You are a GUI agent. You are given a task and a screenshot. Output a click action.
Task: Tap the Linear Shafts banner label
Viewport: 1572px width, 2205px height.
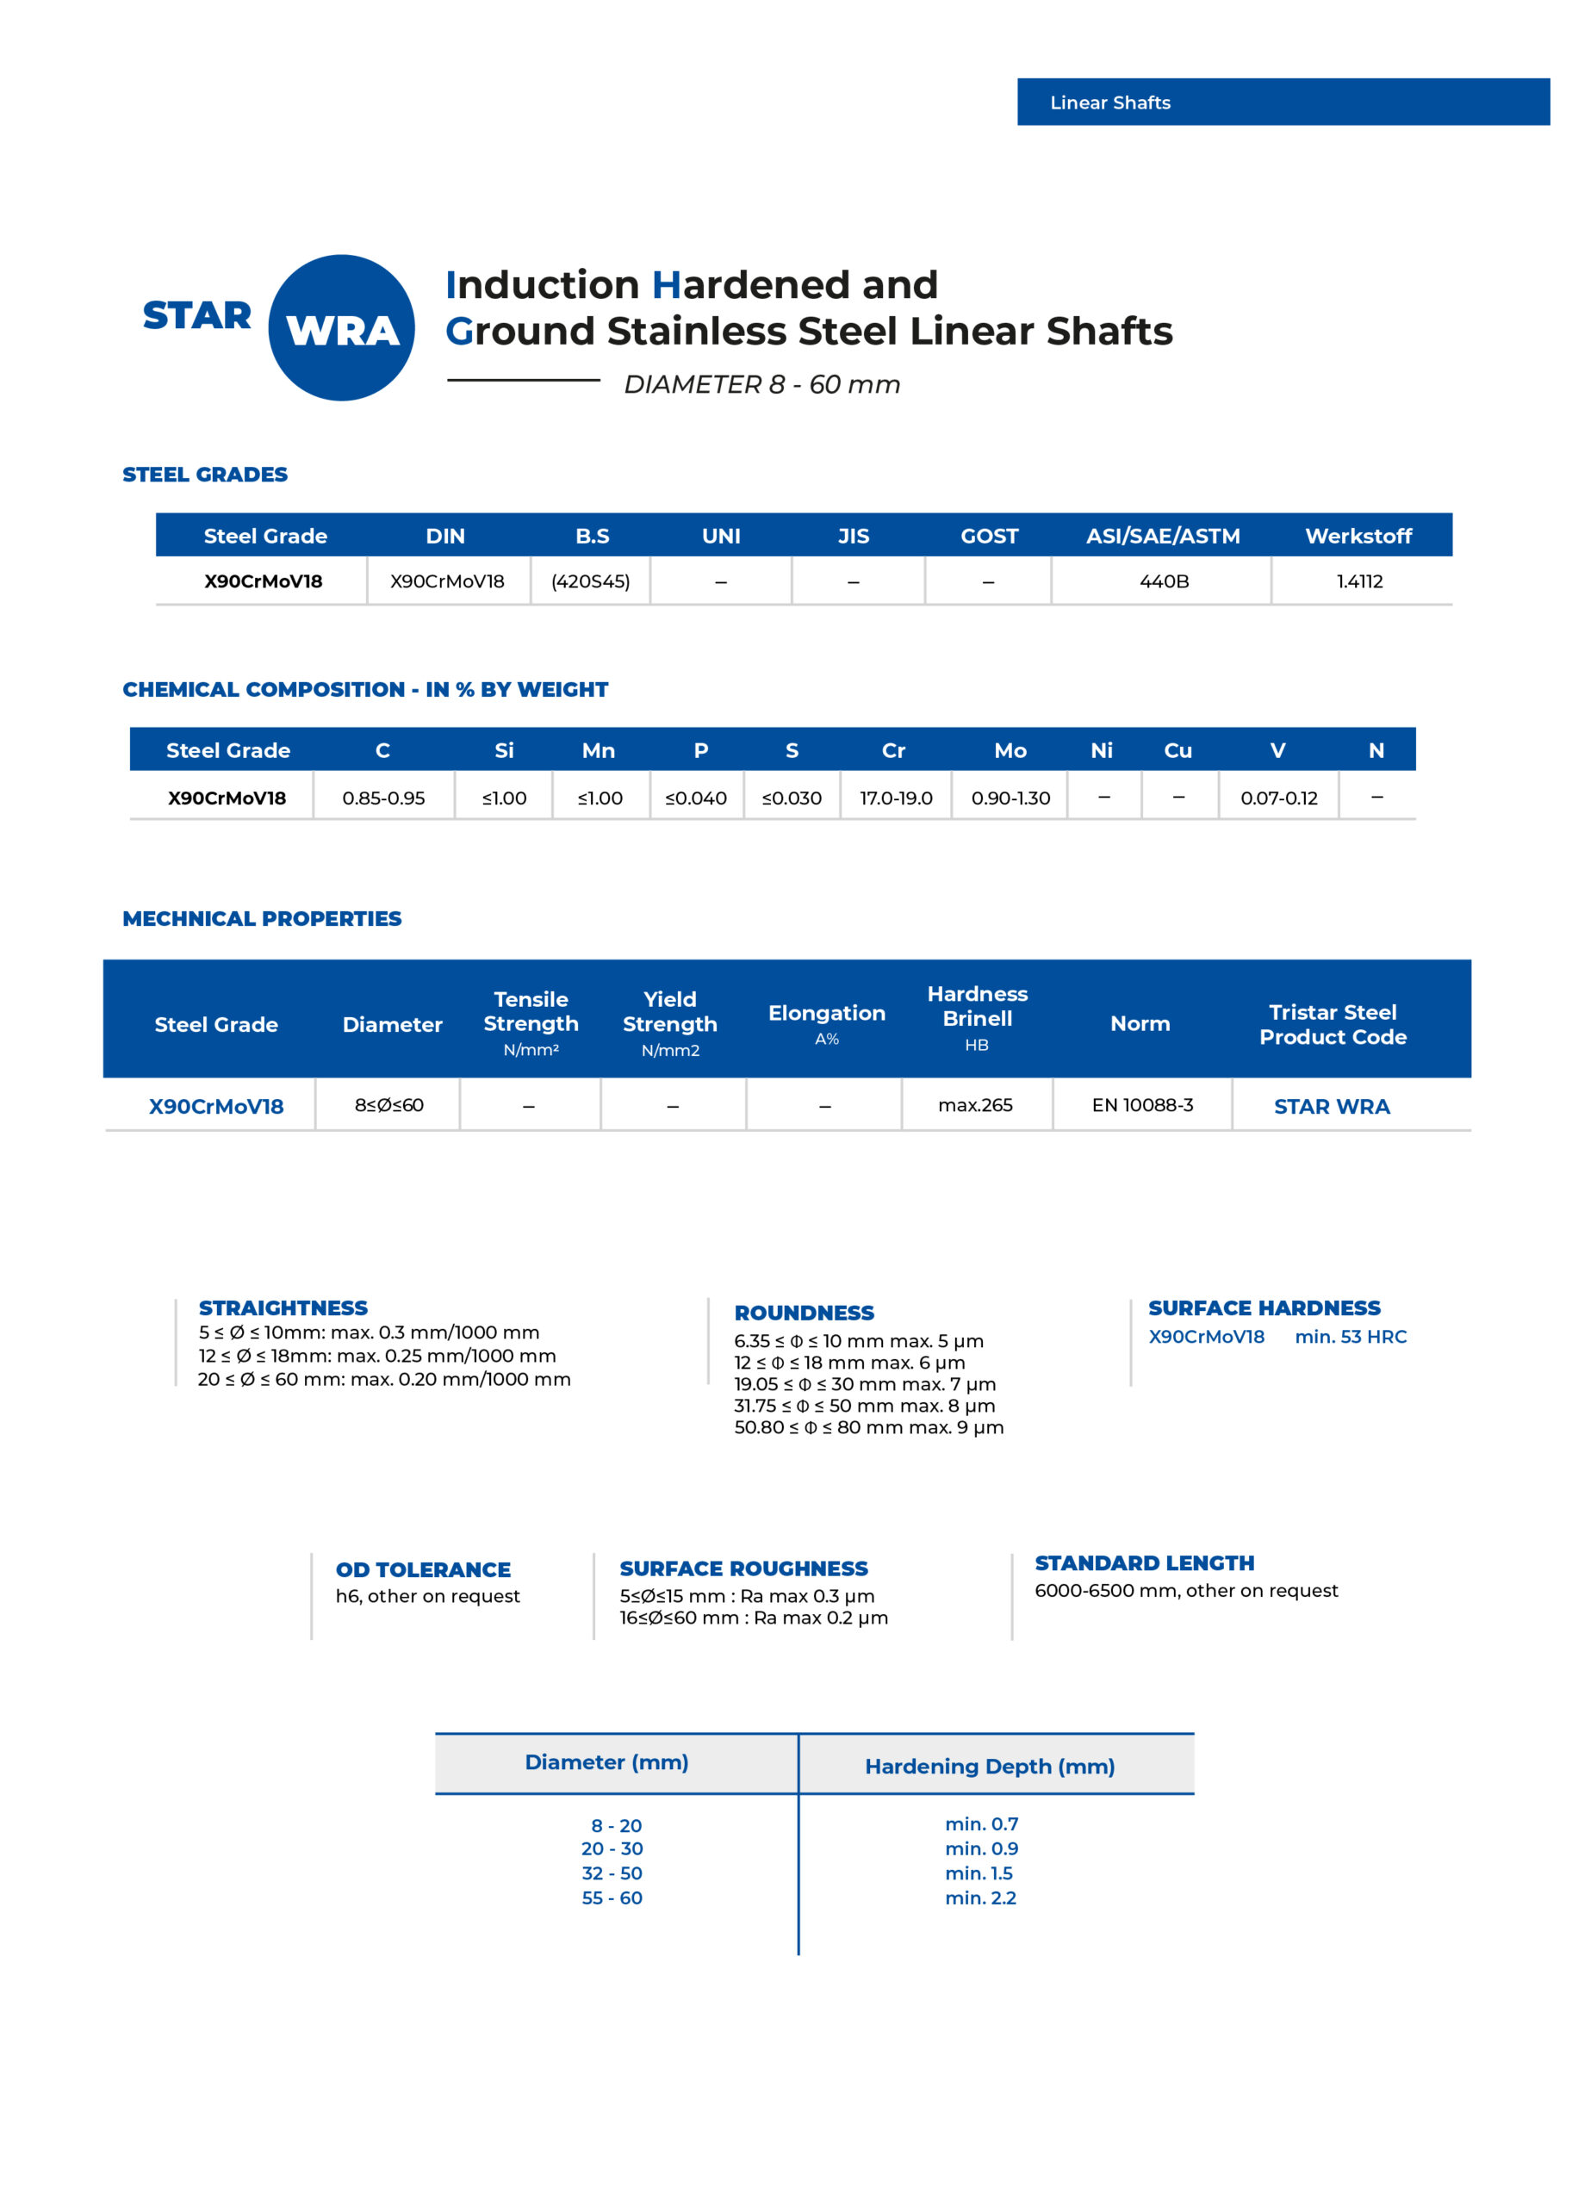(x=1110, y=102)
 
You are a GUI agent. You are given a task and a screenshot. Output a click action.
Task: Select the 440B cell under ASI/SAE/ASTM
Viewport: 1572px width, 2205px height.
(x=1164, y=581)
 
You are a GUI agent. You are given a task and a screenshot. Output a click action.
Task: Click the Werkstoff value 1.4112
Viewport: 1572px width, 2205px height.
(x=1359, y=581)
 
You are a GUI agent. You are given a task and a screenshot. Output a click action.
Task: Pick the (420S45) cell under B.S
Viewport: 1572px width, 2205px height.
(x=590, y=581)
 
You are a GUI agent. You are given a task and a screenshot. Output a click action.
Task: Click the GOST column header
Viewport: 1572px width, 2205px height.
(x=988, y=537)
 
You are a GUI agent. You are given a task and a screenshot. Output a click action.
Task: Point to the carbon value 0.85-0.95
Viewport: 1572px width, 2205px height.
(x=383, y=798)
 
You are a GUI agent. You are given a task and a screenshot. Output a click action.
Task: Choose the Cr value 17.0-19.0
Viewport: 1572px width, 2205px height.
(x=895, y=798)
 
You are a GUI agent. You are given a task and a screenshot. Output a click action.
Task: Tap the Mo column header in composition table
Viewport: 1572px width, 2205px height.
(x=1010, y=751)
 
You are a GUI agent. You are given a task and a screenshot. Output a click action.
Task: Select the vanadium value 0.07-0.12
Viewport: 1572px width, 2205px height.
(x=1278, y=798)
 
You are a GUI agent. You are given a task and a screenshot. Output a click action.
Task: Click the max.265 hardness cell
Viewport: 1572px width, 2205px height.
(x=975, y=1105)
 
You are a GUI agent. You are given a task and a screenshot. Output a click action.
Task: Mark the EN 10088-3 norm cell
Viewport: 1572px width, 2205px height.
(x=1142, y=1105)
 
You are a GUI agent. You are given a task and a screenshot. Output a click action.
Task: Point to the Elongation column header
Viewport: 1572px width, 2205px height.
(x=827, y=1014)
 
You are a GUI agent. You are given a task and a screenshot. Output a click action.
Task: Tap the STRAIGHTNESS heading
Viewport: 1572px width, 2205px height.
(x=283, y=1308)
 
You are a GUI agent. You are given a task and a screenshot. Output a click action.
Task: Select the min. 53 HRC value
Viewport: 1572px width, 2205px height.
(x=1351, y=1337)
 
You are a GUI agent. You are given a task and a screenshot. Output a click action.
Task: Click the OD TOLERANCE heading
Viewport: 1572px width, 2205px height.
(x=423, y=1570)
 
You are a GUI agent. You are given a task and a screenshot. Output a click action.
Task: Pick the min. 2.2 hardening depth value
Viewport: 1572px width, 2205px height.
(x=980, y=1898)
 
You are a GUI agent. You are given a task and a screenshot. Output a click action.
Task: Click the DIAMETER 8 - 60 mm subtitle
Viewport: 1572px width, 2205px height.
(x=761, y=385)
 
